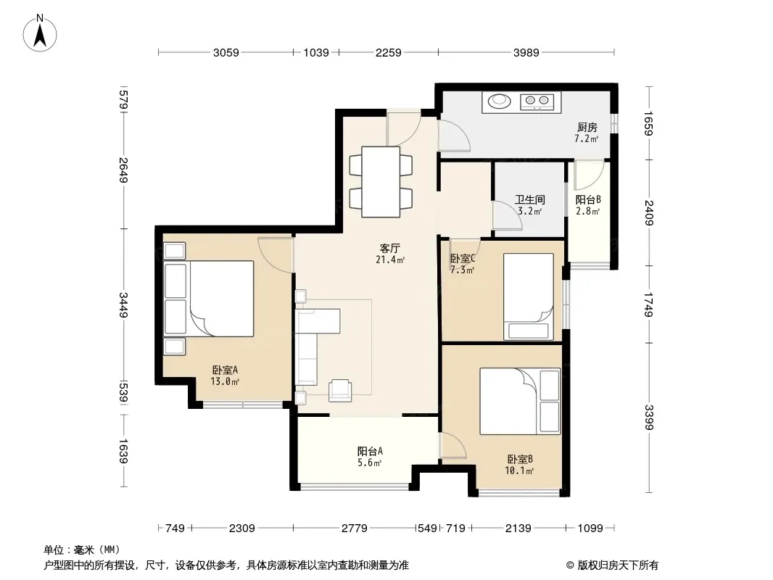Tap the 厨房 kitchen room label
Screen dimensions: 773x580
click(x=587, y=128)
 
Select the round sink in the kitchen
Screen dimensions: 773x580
click(x=500, y=101)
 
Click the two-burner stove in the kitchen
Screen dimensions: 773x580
click(x=537, y=101)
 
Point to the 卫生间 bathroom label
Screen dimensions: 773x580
click(x=530, y=199)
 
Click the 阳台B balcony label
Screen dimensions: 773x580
click(x=588, y=199)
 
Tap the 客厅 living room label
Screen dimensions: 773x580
click(x=389, y=248)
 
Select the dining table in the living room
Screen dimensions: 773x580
click(x=381, y=182)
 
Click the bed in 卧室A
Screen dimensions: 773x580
click(x=221, y=299)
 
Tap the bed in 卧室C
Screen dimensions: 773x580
click(x=529, y=297)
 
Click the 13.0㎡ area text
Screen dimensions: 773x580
click(x=225, y=381)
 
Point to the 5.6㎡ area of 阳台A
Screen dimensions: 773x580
click(x=369, y=463)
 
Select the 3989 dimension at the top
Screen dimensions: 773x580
click(x=526, y=52)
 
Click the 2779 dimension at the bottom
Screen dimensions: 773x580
click(x=355, y=529)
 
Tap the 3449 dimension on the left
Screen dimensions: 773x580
click(x=123, y=305)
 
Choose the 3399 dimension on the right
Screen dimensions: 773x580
click(x=649, y=418)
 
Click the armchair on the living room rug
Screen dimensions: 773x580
click(x=340, y=390)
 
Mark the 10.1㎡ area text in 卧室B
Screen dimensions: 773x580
click(x=519, y=471)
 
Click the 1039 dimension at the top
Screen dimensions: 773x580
click(x=316, y=52)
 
